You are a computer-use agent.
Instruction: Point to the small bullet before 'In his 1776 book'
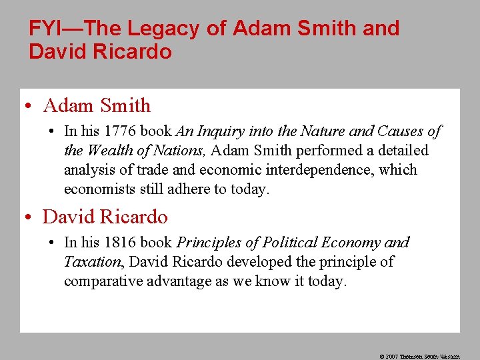click(52, 132)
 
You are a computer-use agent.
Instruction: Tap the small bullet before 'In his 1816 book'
click(52, 243)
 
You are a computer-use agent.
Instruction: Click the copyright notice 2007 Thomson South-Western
click(419, 357)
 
